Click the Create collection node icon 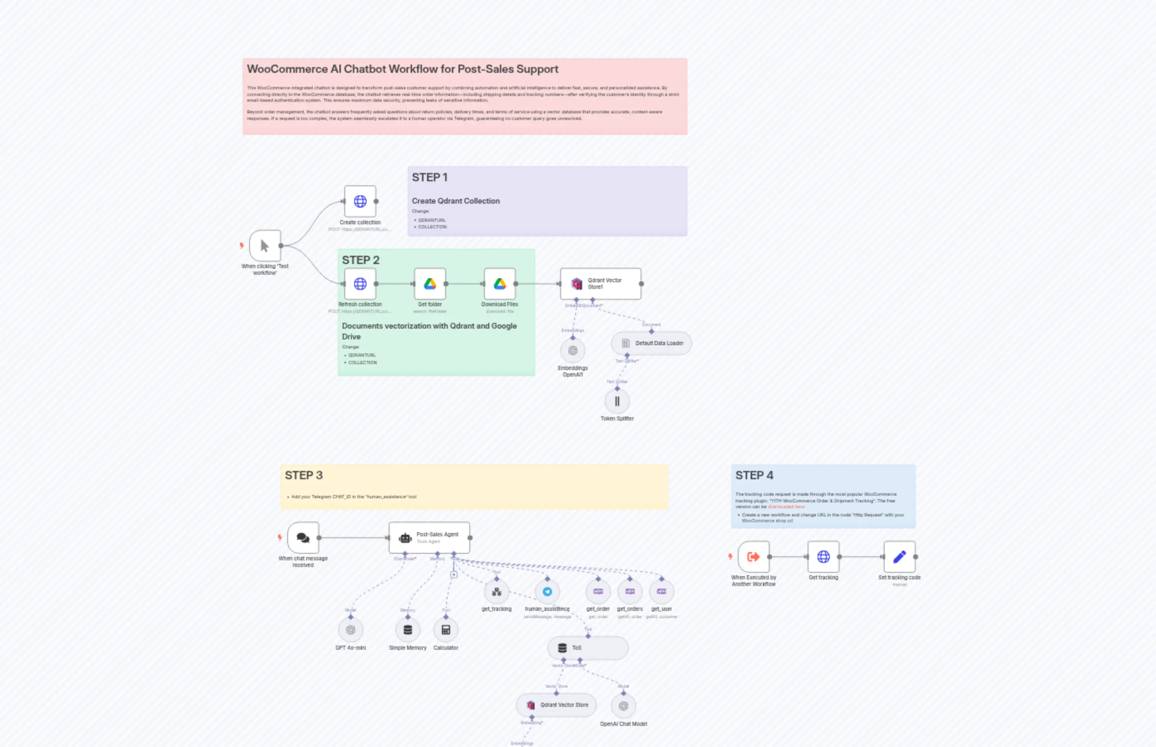pos(360,201)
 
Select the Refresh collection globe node pos(360,284)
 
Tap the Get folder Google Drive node pos(429,284)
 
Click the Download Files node pos(499,284)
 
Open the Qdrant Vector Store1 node pos(600,284)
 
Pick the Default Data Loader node pos(651,343)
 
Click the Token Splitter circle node pos(617,401)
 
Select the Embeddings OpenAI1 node pos(573,351)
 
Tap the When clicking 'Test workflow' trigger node pos(265,246)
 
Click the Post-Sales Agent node pos(429,538)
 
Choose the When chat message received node pos(303,538)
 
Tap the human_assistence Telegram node pos(547,592)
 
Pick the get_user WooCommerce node pos(662,592)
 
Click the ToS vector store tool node pos(588,648)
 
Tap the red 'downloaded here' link pos(786,507)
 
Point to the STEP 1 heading pos(429,178)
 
